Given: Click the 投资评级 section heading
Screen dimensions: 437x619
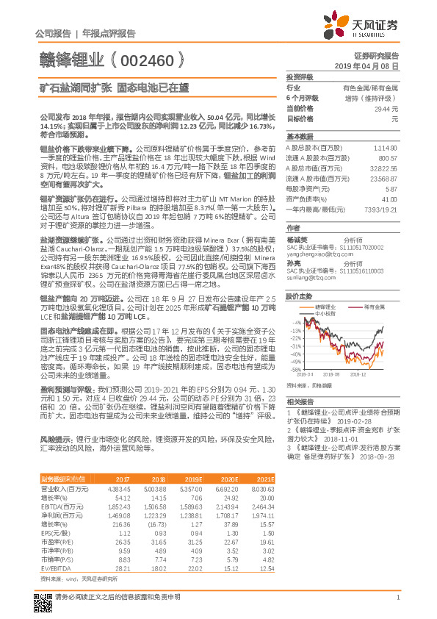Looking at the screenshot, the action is (300, 77).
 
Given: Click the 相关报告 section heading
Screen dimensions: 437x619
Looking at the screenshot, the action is (300, 402).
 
